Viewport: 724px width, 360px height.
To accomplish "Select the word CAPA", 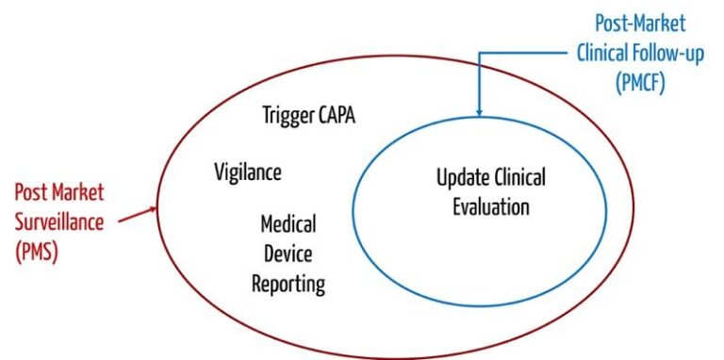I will [337, 117].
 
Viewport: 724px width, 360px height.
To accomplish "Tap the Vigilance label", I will [248, 172].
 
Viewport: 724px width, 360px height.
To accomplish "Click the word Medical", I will [288, 225].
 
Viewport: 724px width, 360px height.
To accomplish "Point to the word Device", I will [288, 254].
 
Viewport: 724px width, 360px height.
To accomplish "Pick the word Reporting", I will [288, 284].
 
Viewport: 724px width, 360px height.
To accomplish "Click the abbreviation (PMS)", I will [37, 252].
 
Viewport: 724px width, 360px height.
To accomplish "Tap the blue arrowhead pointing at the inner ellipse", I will [480, 111].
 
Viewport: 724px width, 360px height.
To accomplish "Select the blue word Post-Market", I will [640, 24].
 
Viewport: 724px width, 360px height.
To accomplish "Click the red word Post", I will [32, 193].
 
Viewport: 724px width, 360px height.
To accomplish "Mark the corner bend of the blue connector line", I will [480, 53].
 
